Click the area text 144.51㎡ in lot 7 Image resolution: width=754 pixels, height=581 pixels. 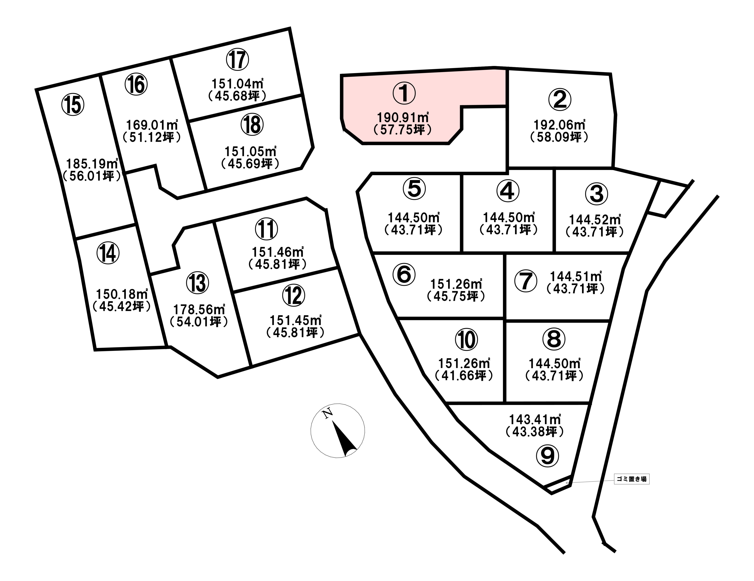[x=576, y=277]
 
